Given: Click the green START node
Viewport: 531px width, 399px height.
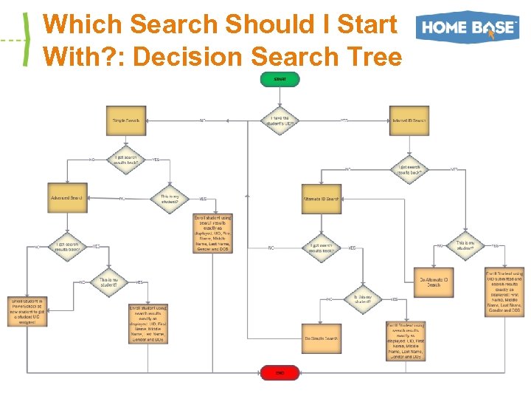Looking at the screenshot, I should coord(280,79).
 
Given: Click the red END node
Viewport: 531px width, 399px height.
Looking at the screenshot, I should coord(280,373).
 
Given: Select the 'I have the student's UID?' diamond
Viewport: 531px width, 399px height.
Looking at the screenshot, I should coord(280,120).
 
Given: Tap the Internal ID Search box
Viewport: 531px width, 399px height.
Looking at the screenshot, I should coord(409,120).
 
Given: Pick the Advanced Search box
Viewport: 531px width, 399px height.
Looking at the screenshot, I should coord(67,198).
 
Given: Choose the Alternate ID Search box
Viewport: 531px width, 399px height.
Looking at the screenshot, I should coord(322,199).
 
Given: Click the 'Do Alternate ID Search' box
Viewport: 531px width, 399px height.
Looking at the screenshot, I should coord(434,282).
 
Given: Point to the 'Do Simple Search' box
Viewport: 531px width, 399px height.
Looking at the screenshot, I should coord(322,338).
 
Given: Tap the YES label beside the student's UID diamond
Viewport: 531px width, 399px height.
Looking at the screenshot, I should coord(344,120).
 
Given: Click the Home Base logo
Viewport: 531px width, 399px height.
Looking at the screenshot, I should coord(467,28).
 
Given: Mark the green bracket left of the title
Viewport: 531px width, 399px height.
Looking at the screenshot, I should coord(27,40).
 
